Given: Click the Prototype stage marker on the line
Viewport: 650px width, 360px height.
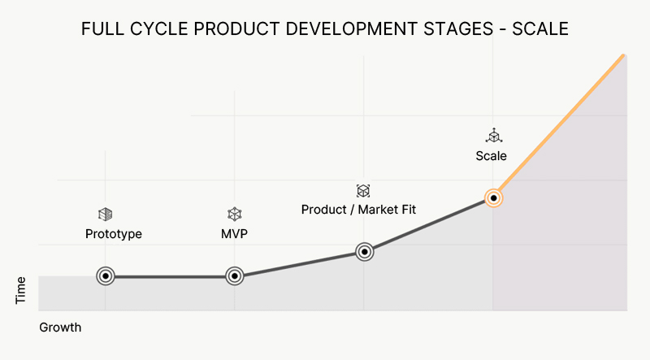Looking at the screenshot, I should [105, 276].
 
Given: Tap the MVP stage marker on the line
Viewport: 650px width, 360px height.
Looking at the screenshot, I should [234, 276].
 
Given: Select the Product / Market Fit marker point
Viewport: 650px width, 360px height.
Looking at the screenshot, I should [364, 252].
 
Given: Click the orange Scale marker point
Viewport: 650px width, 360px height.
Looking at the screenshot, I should [492, 197].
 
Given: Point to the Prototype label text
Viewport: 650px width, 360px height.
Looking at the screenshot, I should [114, 234].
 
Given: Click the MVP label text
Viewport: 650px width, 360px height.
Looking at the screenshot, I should [234, 234].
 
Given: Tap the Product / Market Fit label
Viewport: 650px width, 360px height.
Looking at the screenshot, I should [358, 210].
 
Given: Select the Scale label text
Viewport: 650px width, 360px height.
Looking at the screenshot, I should [492, 155].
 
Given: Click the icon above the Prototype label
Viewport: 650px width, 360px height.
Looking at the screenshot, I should [105, 214].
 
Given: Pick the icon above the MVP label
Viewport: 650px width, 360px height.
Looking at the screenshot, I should [234, 214].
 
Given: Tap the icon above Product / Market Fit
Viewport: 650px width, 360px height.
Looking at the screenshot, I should [363, 190].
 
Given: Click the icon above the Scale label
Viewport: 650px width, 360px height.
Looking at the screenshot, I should [492, 135].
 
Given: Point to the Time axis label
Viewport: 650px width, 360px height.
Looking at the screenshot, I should [21, 290].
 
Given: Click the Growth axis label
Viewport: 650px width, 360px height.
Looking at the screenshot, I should [60, 327].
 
